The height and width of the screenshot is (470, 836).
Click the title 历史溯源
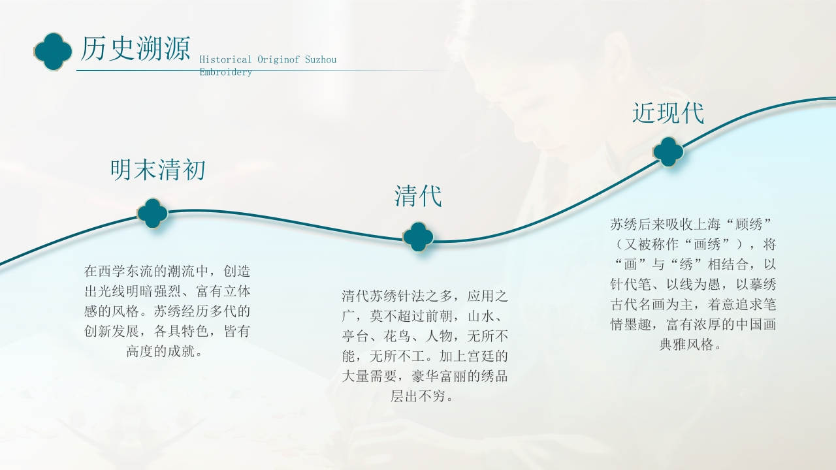[135, 49]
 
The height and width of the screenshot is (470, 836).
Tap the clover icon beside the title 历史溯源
[53, 51]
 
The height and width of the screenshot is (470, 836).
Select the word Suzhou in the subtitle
[320, 59]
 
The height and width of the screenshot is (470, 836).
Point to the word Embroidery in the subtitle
[225, 72]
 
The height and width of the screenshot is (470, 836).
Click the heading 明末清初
[158, 170]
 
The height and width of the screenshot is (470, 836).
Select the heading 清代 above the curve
[418, 196]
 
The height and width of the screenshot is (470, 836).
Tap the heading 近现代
[668, 113]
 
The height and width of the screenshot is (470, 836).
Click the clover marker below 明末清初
[152, 213]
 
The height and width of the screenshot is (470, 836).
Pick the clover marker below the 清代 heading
[418, 236]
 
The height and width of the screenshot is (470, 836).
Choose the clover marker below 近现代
[668, 151]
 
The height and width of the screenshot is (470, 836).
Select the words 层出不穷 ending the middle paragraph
[418, 396]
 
